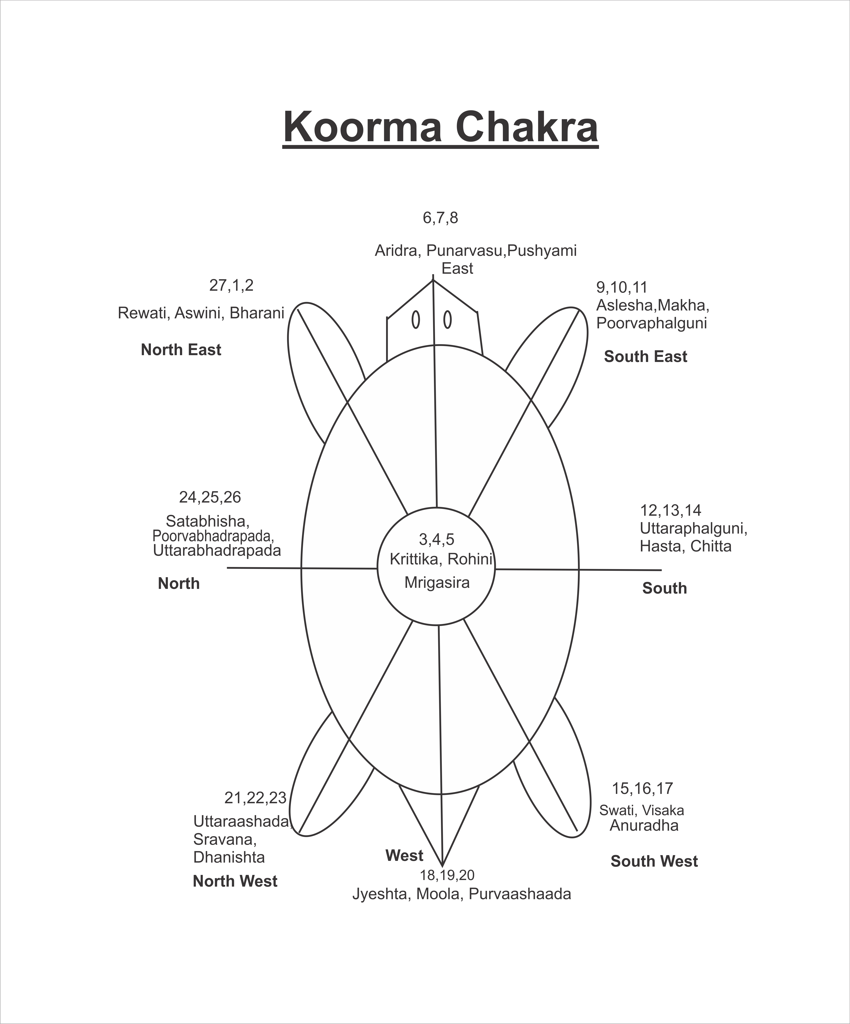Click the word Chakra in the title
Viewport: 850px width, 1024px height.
[527, 127]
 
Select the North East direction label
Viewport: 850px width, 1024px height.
[181, 350]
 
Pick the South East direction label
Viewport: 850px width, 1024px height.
[645, 356]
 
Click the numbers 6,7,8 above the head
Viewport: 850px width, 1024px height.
[440, 218]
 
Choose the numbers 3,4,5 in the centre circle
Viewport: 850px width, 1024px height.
[436, 539]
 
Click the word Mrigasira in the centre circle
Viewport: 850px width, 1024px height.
[437, 582]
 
